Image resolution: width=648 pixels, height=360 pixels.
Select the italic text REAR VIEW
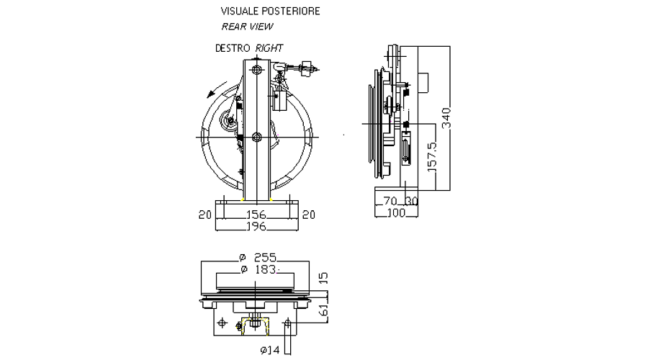coord(247,27)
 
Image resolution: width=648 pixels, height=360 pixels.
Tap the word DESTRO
coord(232,48)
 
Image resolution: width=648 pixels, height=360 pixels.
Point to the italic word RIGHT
coord(269,48)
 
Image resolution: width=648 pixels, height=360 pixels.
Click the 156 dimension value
coord(256,214)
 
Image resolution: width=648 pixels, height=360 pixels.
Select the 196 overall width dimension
coord(256,226)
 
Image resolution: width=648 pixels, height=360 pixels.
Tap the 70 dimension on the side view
coord(390,201)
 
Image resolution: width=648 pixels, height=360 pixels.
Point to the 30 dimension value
coord(412,201)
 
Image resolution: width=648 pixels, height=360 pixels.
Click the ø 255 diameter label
coord(256,257)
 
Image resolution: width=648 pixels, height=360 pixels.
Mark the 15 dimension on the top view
coord(323,276)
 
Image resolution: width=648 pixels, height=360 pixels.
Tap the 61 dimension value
coord(323,310)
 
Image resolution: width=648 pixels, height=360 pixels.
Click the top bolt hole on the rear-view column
coord(256,70)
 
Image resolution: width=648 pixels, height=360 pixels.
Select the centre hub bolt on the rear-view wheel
coord(256,136)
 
